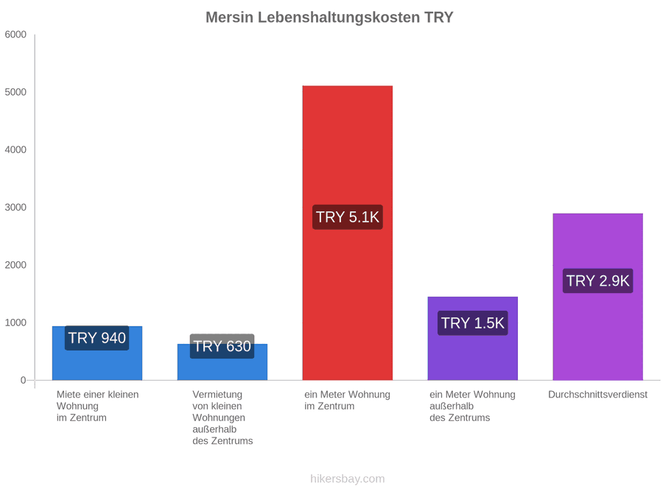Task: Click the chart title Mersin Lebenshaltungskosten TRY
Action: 329,18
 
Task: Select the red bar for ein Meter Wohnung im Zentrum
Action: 348,233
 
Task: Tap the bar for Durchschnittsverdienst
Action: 598,297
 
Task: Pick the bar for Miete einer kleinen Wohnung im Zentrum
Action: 97,353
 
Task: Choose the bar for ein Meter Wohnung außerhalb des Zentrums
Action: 473,338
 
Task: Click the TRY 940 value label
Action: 97,338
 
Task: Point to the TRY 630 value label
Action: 222,346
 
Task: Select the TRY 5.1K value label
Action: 348,217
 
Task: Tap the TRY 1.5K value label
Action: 473,323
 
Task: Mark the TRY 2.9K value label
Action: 598,281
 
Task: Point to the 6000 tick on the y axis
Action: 15,35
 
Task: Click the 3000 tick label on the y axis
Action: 15,208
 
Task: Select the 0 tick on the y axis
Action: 24,381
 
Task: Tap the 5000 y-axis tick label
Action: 15,92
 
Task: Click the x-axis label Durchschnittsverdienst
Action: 598,395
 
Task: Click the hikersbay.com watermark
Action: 348,479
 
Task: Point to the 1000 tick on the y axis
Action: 15,323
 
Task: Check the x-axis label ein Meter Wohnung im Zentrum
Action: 347,401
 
